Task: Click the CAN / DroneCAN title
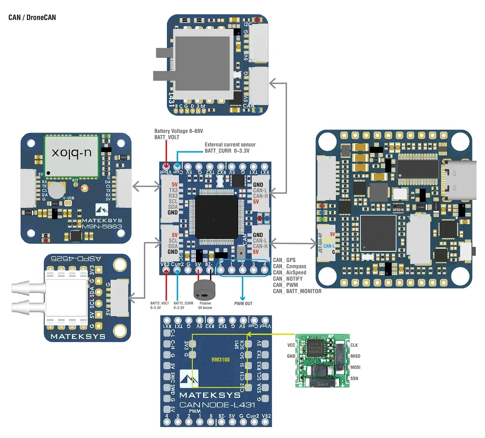[x=32, y=17]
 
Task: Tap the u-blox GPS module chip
[x=71, y=157]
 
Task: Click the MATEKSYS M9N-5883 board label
[x=102, y=224]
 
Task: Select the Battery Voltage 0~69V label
[x=178, y=131]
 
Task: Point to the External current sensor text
[x=230, y=145]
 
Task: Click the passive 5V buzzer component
[x=204, y=290]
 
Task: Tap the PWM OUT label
[x=243, y=303]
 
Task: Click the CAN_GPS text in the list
[x=284, y=260]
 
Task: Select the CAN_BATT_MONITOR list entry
[x=297, y=291]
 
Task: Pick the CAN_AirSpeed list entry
[x=289, y=272]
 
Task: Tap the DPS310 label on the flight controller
[x=398, y=210]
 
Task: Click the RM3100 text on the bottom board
[x=221, y=360]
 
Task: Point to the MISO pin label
[x=355, y=356]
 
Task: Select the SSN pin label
[x=354, y=378]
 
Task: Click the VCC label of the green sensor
[x=291, y=345]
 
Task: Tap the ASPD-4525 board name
[x=76, y=259]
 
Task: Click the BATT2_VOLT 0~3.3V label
[x=159, y=305]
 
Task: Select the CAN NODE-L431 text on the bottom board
[x=217, y=405]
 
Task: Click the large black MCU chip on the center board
[x=217, y=217]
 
